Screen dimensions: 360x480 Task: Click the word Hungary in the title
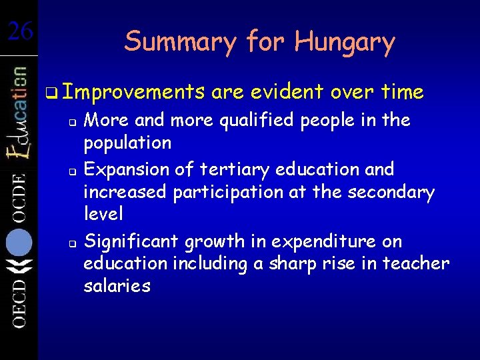345,43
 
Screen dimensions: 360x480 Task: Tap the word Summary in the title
179,43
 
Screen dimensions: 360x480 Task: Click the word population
127,143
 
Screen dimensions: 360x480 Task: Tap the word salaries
117,286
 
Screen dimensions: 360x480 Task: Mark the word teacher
416,263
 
